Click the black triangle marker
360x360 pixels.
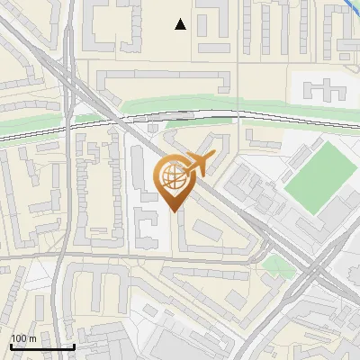(x=181, y=25)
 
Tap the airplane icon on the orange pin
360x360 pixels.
(x=196, y=162)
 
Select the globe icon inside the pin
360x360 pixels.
(x=174, y=179)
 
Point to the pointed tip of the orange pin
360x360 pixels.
(x=174, y=211)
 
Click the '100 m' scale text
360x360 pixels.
(x=23, y=338)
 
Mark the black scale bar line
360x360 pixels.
(x=41, y=346)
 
